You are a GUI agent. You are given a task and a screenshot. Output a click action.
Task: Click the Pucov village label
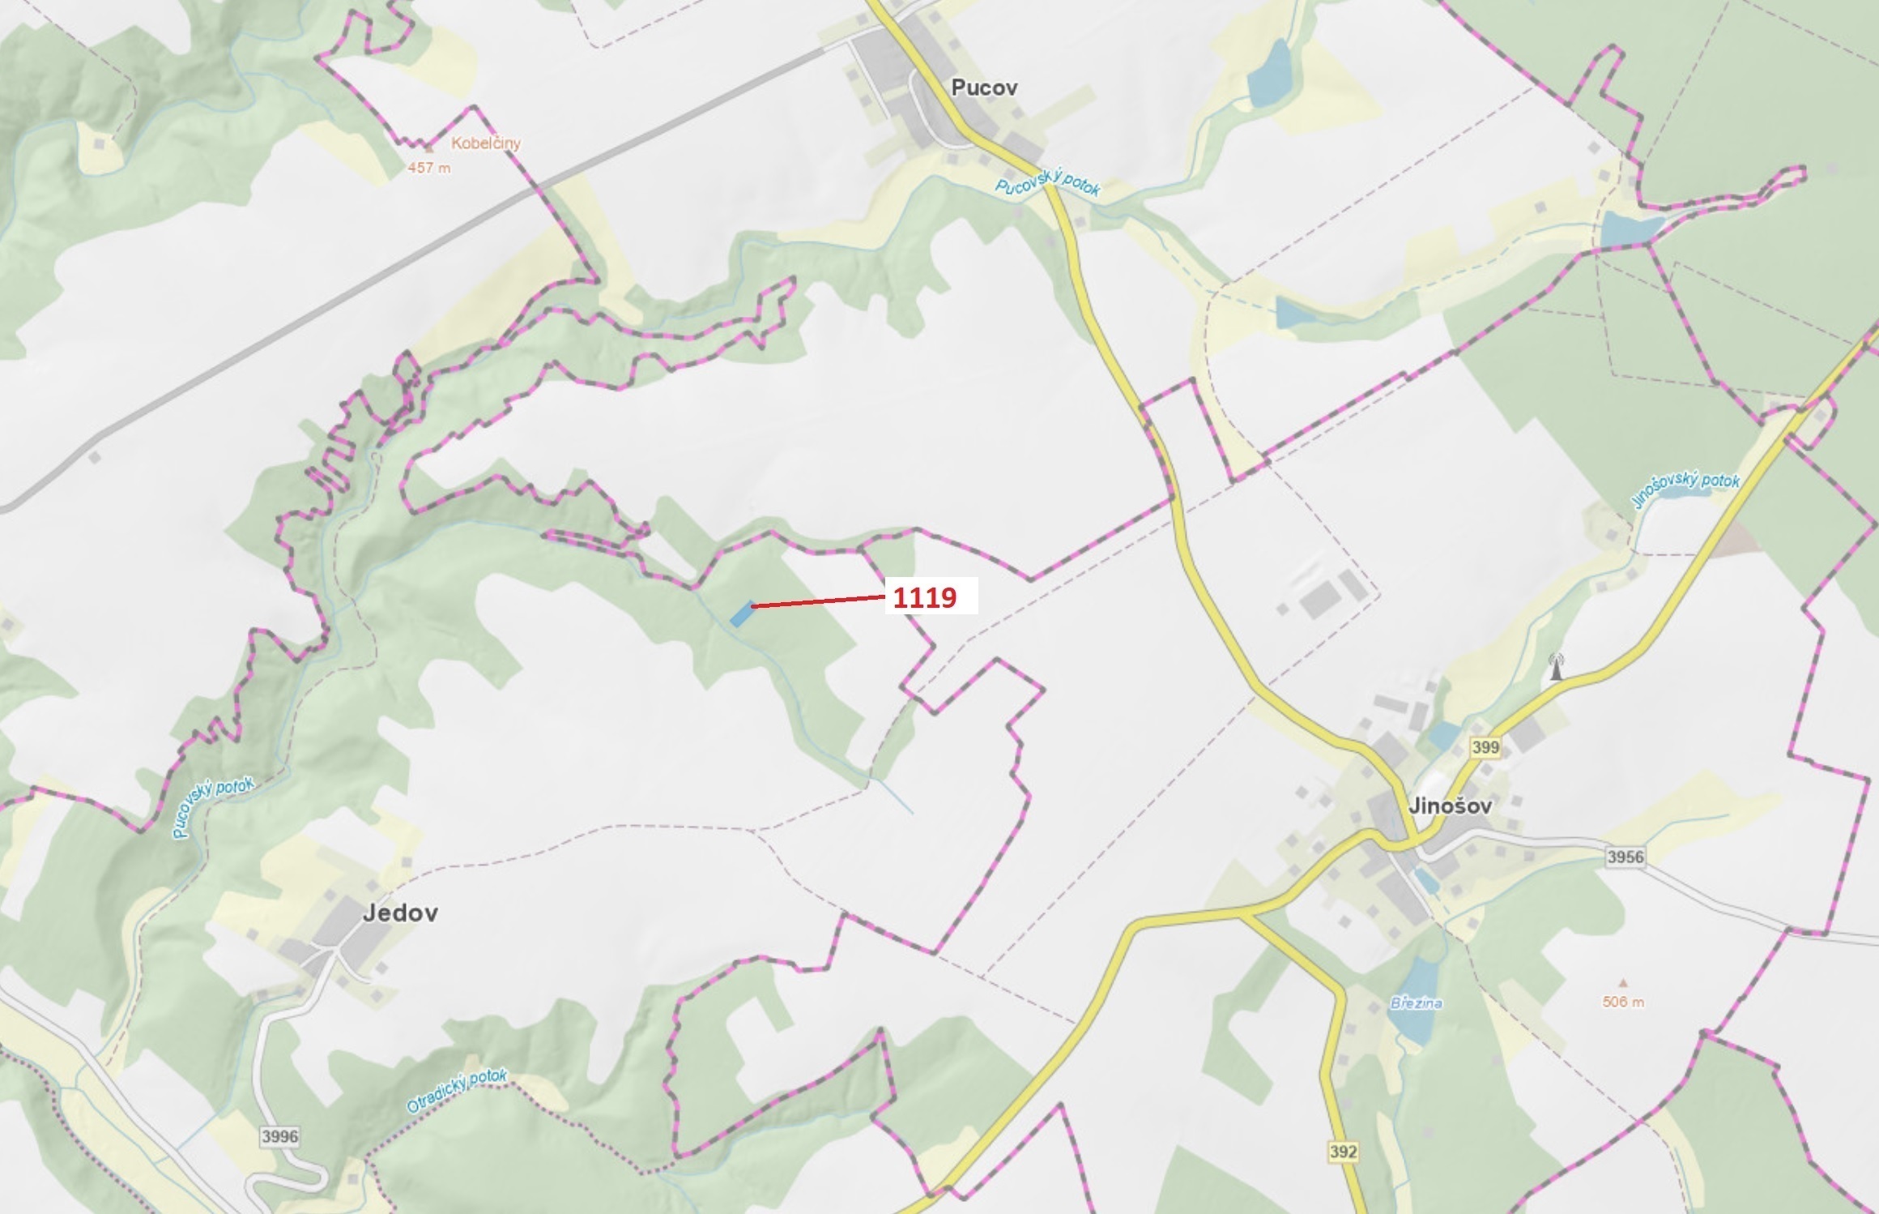984,88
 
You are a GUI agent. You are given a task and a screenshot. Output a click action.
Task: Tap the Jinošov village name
1450,806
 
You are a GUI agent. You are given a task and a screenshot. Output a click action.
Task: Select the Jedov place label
400,913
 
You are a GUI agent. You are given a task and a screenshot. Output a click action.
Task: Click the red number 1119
924,598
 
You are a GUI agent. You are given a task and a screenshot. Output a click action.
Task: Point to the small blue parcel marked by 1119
740,613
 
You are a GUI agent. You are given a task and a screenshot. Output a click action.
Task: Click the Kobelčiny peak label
485,143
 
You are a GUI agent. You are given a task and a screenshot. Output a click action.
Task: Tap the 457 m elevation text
428,168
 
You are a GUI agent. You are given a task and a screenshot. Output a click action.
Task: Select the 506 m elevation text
1623,1002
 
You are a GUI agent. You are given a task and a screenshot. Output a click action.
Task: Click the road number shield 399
1485,746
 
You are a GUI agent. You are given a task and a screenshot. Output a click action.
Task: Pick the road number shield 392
1343,1152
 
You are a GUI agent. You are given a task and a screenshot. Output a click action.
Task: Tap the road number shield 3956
1625,857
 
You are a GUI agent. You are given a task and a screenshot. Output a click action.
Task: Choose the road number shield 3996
279,1136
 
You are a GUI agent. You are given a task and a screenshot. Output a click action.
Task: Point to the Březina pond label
1417,1003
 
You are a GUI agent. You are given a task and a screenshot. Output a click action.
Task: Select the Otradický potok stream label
457,1090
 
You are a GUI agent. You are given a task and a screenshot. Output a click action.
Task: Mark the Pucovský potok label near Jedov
213,807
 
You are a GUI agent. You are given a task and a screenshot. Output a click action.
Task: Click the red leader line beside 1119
818,601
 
